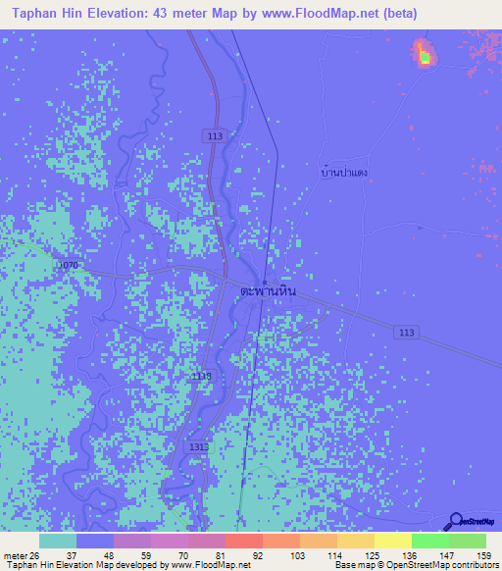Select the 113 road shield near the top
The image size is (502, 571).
pyautogui.click(x=215, y=136)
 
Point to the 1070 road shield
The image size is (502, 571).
pyautogui.click(x=67, y=266)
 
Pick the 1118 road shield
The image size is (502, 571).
pyautogui.click(x=201, y=376)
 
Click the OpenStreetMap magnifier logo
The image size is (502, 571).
pyautogui.click(x=455, y=522)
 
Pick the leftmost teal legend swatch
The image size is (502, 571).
pyautogui.click(x=58, y=541)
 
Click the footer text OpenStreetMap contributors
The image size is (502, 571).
pyautogui.click(x=440, y=565)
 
